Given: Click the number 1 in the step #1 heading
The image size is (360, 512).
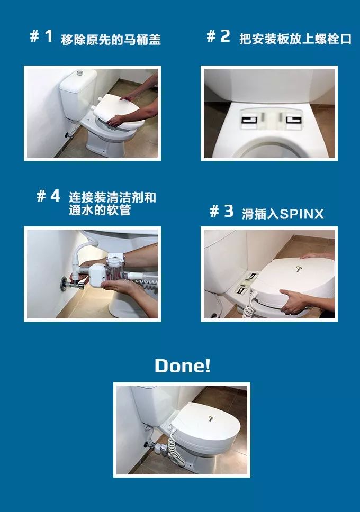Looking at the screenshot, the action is pos(49,36).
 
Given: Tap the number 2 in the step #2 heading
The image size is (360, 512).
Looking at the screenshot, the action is pos(225,36).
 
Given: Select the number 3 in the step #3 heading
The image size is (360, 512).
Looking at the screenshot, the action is pos(229,211).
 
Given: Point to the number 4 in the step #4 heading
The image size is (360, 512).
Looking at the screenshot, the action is pos(55,196).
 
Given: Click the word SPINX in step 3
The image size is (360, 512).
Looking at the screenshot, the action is pos(302,214).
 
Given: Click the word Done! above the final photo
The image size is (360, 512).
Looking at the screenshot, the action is pos(183,365).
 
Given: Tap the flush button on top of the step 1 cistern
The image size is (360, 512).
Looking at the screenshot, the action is pos(80,72).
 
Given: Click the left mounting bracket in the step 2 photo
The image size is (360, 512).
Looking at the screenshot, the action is pos(250,120).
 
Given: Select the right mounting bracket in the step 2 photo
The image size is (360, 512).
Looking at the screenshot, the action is pos(294,120).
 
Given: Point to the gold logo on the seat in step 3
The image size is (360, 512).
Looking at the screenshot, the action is pos(298,269).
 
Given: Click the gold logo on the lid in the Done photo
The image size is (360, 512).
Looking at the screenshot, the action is pos(211,418).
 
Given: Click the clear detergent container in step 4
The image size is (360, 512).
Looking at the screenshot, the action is pos(114,270).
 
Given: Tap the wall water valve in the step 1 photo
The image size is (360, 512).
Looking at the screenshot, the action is pos(68,134).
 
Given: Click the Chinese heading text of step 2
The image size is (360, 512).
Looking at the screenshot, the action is pos(295,39).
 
